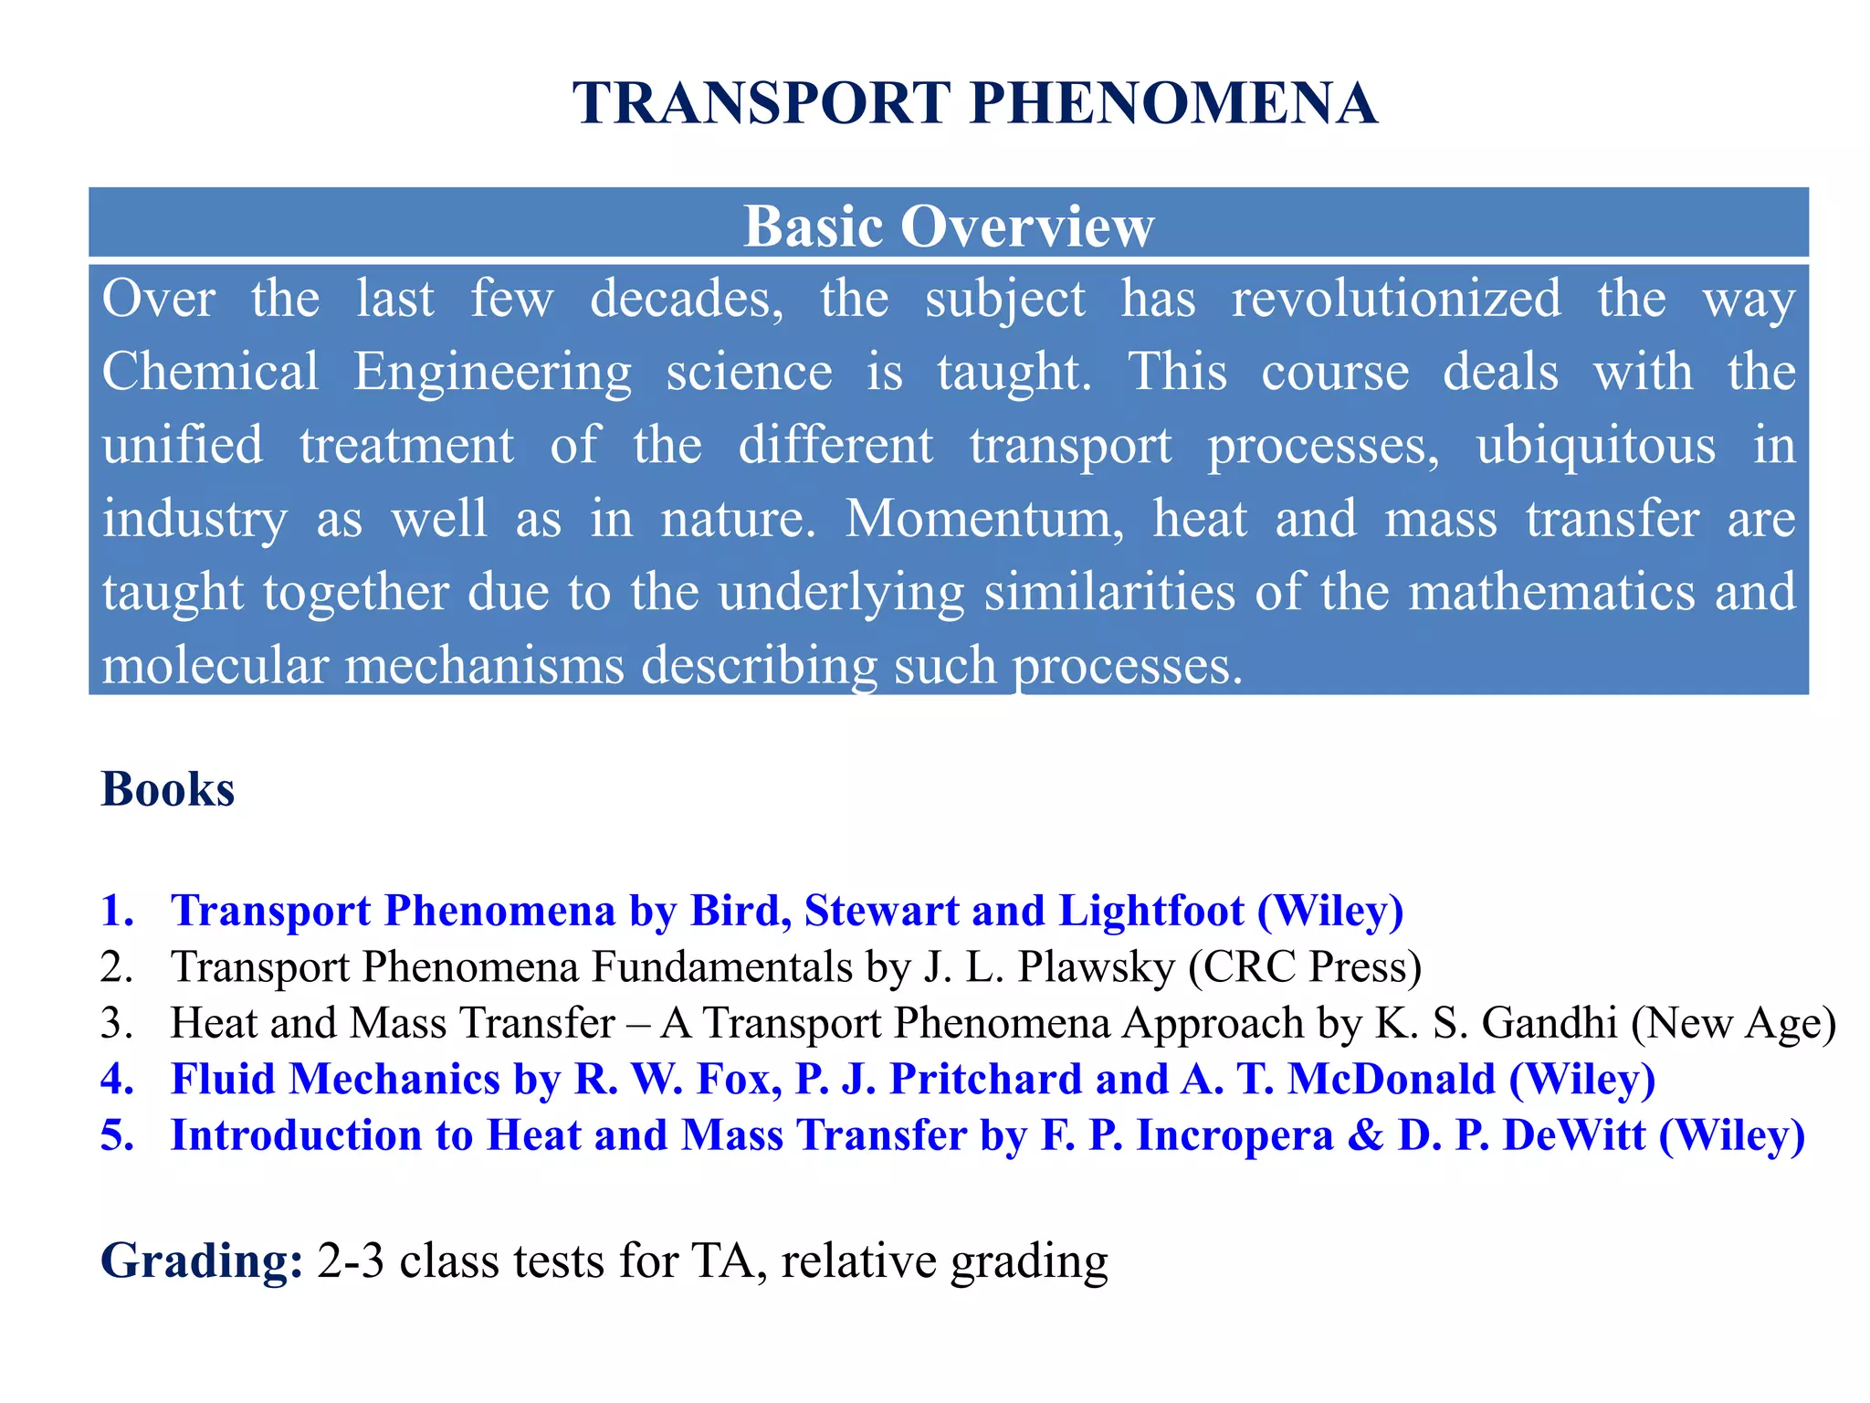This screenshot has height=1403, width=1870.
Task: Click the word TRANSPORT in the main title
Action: coord(762,103)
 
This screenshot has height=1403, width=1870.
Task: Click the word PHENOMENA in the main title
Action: coord(1173,103)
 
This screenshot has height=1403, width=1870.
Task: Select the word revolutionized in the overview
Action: coord(1395,299)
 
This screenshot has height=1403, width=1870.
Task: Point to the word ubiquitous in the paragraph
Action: coord(1595,446)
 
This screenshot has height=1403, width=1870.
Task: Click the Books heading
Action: coord(168,789)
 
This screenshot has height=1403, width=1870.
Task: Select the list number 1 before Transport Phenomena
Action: coord(116,911)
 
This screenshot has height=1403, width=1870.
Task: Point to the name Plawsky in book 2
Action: coord(1096,966)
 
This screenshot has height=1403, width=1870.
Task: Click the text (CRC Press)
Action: coord(1305,966)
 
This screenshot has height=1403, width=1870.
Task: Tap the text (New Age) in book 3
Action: coord(1733,1023)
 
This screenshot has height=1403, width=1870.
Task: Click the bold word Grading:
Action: coord(202,1261)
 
